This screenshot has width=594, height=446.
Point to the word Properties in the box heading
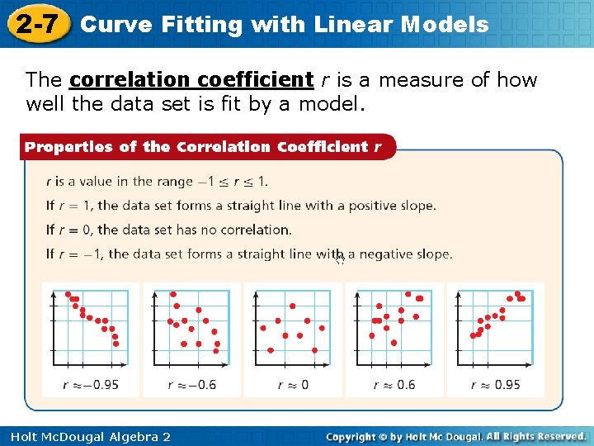68,147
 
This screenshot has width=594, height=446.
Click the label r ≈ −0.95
91,384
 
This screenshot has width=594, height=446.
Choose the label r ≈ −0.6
191,384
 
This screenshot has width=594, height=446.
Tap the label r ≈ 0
293,384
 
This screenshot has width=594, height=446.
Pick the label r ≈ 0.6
394,384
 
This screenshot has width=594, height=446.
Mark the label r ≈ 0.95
496,384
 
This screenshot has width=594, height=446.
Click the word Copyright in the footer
353,436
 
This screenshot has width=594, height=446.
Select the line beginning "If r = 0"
169,230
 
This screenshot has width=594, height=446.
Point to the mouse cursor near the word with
340,259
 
